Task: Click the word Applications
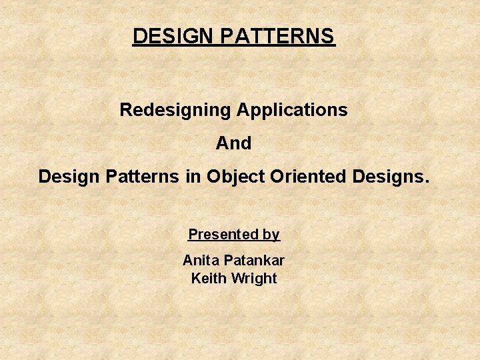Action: [291, 110]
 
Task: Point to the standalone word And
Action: [233, 143]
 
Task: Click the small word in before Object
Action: [193, 177]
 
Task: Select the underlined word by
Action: [271, 235]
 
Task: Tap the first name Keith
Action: [208, 279]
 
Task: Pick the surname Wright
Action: [253, 279]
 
